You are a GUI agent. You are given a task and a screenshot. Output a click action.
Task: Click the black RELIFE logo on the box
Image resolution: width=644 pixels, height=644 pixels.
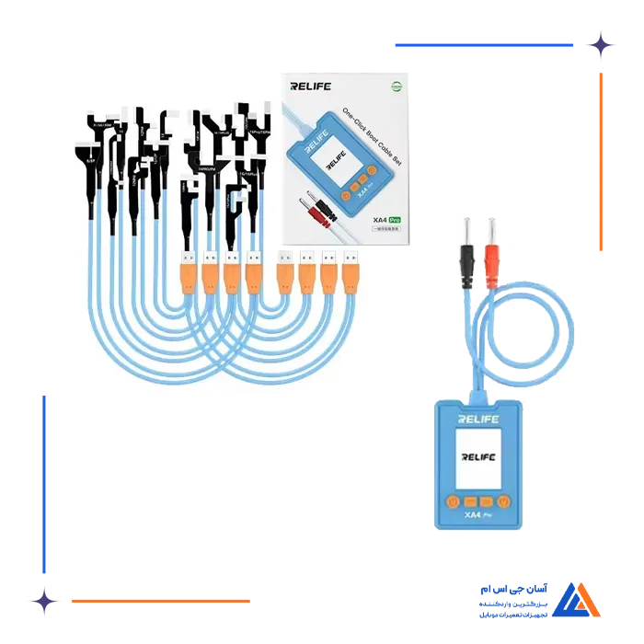coord(309,88)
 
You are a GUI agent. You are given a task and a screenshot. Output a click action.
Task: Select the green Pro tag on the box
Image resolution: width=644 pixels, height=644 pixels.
coord(394,220)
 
